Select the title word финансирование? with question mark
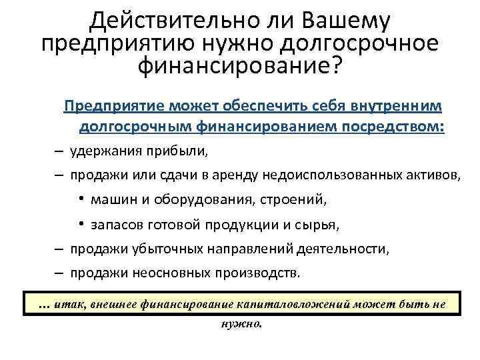coord(239,65)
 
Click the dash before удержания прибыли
coord(59,151)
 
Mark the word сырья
coord(318,225)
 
